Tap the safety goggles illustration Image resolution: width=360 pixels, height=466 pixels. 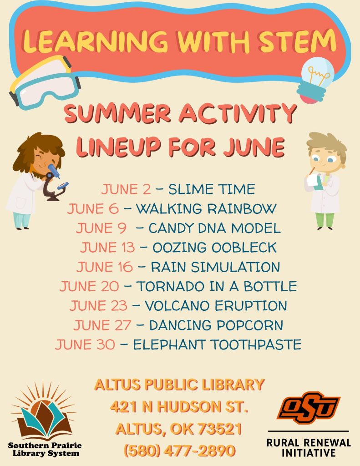[x=45, y=82]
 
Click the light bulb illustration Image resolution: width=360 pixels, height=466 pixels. [x=316, y=80]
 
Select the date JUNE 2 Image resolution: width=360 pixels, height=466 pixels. [x=126, y=189]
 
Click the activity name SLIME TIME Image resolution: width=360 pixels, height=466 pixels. [x=212, y=189]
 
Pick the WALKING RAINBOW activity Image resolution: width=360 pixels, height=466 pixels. [x=206, y=208]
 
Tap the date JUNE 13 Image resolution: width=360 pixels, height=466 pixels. [x=107, y=248]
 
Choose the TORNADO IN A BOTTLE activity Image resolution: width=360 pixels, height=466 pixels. [x=217, y=286]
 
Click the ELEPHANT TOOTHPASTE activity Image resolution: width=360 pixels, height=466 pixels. [x=217, y=344]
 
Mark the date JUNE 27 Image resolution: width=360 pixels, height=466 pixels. [x=102, y=325]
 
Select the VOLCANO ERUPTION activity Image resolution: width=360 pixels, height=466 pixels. [x=216, y=306]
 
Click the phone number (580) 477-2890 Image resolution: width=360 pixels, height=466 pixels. [x=180, y=451]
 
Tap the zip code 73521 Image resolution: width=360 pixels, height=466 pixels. [x=220, y=429]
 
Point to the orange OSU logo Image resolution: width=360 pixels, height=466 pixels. [x=308, y=407]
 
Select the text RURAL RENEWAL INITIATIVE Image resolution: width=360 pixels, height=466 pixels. [x=309, y=448]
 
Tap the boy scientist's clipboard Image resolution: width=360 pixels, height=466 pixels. [x=314, y=181]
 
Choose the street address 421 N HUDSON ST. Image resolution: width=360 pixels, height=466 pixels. [x=179, y=406]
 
